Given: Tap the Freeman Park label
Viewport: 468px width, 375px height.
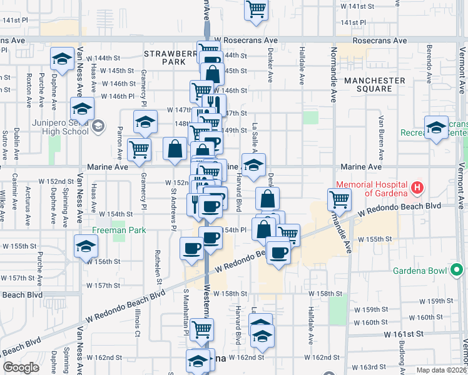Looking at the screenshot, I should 119,230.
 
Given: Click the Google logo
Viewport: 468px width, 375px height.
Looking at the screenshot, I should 21,367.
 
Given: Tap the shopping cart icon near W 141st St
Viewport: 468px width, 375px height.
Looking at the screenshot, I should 255,10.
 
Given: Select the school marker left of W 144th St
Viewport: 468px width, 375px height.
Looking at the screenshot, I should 62,59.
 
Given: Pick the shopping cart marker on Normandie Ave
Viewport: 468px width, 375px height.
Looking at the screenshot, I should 338,199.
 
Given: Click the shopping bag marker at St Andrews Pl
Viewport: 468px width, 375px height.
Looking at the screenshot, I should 175,149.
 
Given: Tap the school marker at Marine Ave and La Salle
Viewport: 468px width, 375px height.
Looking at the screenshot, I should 253,165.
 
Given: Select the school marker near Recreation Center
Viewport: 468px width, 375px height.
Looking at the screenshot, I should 436,127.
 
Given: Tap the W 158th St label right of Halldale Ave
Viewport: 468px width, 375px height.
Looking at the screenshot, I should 325,293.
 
